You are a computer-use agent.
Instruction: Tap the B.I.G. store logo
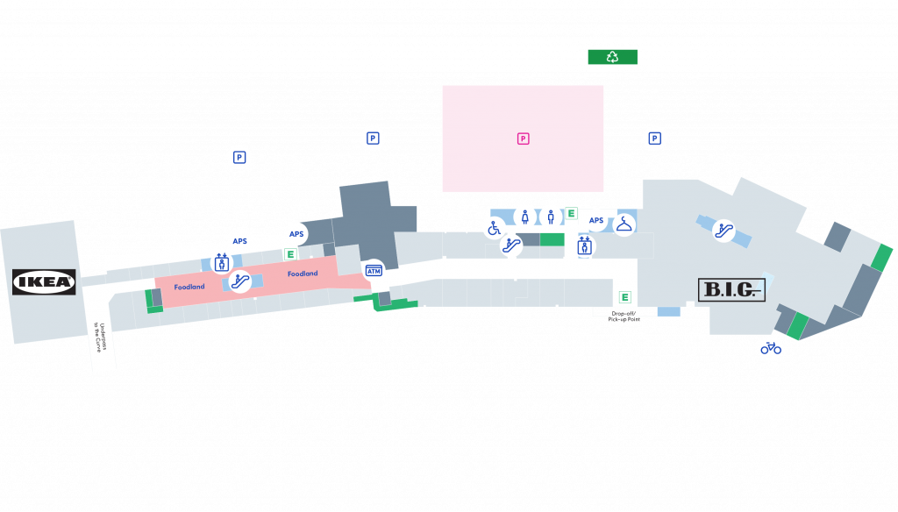pos(731,289)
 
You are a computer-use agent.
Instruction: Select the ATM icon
pos(374,271)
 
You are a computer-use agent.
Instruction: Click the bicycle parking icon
pos(771,348)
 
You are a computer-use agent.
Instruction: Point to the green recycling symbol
pos(612,57)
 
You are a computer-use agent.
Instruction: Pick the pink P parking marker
pos(523,139)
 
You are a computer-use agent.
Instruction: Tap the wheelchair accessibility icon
pos(494,228)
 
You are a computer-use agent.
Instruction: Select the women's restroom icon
pos(524,217)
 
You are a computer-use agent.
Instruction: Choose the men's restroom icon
pos(551,217)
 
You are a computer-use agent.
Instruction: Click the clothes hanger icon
pos(624,224)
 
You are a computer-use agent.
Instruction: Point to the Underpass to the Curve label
pos(101,338)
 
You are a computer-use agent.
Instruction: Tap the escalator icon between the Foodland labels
pos(240,281)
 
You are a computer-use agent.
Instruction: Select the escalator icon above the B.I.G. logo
pos(723,231)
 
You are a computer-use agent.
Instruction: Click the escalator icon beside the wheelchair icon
pos(511,246)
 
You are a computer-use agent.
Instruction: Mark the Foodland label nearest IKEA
pos(189,287)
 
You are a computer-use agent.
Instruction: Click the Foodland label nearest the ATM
pos(303,274)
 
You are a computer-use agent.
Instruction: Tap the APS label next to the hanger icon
pos(596,221)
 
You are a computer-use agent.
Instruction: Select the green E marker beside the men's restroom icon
pos(571,213)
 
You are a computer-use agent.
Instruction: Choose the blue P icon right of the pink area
pos(654,139)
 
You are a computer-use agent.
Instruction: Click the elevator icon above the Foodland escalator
pos(221,262)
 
